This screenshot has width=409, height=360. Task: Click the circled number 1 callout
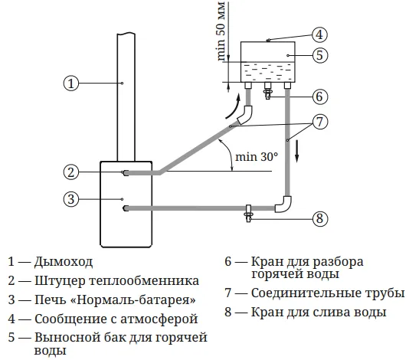[x=71, y=83]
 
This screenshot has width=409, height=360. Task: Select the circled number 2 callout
[x=71, y=172]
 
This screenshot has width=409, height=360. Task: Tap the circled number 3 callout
[x=71, y=199]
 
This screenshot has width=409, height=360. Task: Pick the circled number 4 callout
[x=320, y=34]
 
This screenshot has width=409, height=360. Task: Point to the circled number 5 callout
[x=320, y=55]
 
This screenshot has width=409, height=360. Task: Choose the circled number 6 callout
[x=320, y=97]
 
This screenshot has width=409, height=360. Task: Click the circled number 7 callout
[x=320, y=122]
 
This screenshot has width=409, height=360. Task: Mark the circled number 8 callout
[x=320, y=218]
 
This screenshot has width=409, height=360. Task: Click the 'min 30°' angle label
[x=257, y=157]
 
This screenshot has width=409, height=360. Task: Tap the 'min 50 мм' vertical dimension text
[x=221, y=31]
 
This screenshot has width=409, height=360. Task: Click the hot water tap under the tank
[x=267, y=91]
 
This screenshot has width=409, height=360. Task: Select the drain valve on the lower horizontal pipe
[x=248, y=214]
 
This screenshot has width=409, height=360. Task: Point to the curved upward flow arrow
[x=233, y=107]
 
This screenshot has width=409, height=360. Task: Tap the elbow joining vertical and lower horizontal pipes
[x=284, y=204]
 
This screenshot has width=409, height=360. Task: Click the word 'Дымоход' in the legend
[x=64, y=262]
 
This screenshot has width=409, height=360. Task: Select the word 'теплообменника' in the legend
[x=144, y=281]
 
